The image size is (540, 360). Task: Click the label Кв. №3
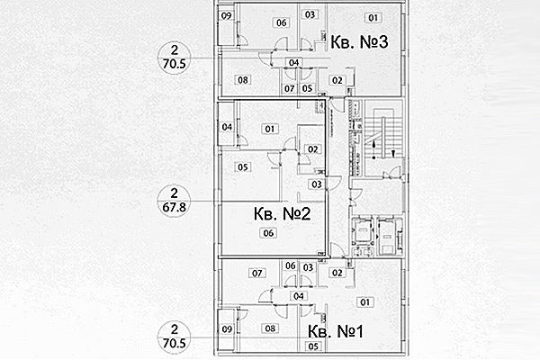[359, 43]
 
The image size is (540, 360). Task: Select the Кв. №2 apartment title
[282, 214]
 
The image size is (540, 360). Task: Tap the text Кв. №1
[332, 331]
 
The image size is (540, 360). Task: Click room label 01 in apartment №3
[373, 17]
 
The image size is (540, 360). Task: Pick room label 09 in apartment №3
[227, 17]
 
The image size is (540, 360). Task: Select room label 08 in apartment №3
[243, 80]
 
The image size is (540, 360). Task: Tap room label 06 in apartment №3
[282, 22]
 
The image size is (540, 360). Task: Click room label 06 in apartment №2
[267, 233]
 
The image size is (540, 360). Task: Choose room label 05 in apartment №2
[243, 166]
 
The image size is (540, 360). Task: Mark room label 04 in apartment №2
[227, 127]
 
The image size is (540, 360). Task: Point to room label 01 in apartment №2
[267, 129]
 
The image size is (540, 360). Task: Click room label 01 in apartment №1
[364, 301]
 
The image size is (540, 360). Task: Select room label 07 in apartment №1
[256, 273]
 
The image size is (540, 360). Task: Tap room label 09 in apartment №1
[227, 329]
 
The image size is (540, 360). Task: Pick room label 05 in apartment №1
[313, 346]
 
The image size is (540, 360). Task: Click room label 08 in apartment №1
[269, 328]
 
